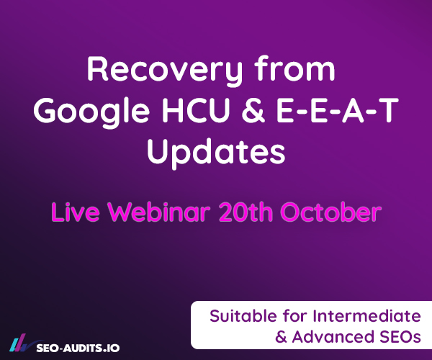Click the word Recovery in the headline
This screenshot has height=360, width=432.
[165, 71]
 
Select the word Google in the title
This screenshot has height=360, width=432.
[91, 112]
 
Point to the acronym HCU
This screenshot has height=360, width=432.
[196, 110]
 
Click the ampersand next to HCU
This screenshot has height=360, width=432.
[253, 110]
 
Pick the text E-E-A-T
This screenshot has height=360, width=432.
[338, 110]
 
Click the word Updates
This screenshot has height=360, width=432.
[216, 153]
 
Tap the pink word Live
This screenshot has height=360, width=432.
[75, 212]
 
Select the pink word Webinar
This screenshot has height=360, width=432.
[158, 212]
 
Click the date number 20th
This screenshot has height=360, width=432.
[246, 212]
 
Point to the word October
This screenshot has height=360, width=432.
[331, 212]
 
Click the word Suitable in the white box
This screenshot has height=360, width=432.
[243, 315]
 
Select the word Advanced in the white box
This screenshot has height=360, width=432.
[333, 336]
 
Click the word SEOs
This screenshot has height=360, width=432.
[400, 336]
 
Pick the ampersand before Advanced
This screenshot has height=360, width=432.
[281, 337]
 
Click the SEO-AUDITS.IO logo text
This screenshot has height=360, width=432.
[78, 348]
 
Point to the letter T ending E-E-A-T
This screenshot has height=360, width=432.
[389, 110]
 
